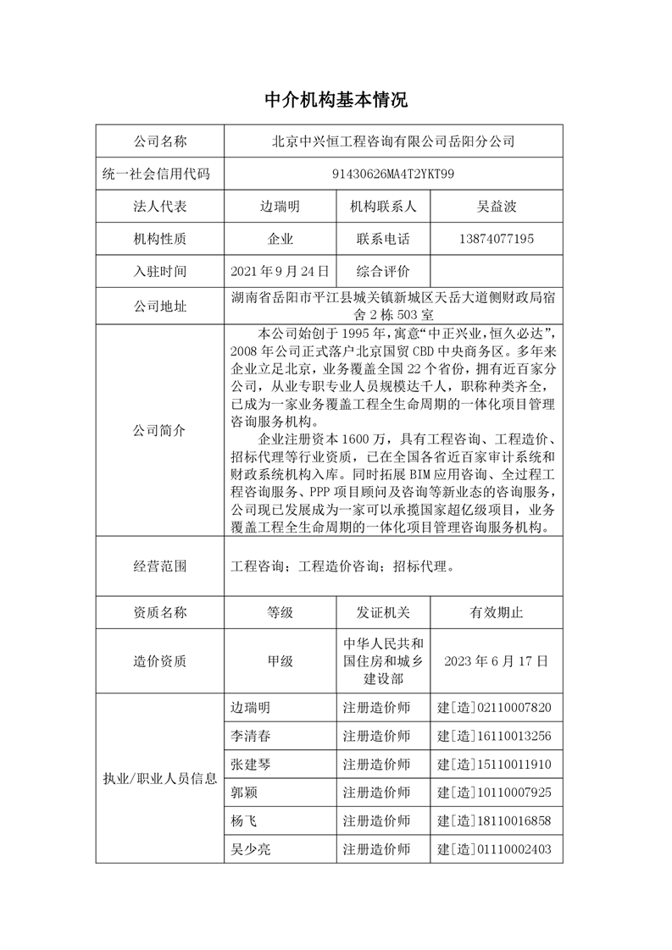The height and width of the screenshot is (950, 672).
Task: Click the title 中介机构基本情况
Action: [x=336, y=101]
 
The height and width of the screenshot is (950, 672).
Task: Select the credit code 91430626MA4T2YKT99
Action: [x=393, y=174]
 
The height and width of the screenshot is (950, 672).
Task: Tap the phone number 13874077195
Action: [x=496, y=240]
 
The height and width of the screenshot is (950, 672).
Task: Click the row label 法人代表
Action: [x=160, y=207]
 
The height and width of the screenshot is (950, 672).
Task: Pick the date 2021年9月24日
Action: [x=279, y=272]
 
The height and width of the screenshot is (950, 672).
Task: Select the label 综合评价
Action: [x=383, y=272]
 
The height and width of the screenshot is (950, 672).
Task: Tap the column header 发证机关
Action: [x=383, y=612]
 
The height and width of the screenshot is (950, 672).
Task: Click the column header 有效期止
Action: [x=496, y=612]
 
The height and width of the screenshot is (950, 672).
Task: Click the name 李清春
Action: [x=252, y=735]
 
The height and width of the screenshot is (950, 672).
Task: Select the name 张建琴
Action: [x=252, y=764]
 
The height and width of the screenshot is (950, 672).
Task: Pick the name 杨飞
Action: [x=243, y=820]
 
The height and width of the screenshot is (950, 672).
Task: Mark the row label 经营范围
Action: [x=160, y=566]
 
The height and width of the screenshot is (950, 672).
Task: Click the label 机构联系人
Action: [x=383, y=207]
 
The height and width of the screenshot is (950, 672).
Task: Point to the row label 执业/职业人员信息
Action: [x=160, y=779]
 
